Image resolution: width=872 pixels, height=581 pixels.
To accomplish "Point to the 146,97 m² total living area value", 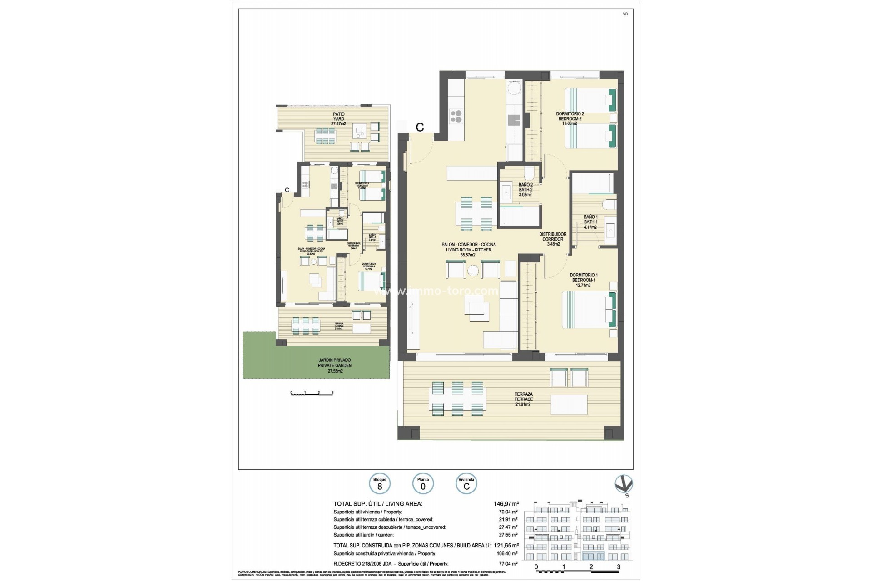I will [x=506, y=503].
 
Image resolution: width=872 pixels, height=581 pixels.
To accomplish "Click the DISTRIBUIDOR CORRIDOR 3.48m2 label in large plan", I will [x=553, y=239].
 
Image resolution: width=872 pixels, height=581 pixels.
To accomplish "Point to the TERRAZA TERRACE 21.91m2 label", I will [x=523, y=399].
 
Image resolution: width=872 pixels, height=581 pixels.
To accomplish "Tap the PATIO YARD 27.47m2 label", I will [x=338, y=119].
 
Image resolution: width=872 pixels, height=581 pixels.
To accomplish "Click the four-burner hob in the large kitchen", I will [x=456, y=117].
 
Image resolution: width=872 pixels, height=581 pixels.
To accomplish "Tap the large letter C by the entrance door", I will [x=420, y=128].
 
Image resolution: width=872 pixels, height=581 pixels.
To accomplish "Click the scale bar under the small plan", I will [x=312, y=393].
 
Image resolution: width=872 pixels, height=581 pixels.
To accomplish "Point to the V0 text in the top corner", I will [x=625, y=14].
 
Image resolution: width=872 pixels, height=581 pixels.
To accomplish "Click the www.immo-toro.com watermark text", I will [x=435, y=290].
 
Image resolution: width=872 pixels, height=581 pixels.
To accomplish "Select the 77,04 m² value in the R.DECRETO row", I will [x=509, y=564].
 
